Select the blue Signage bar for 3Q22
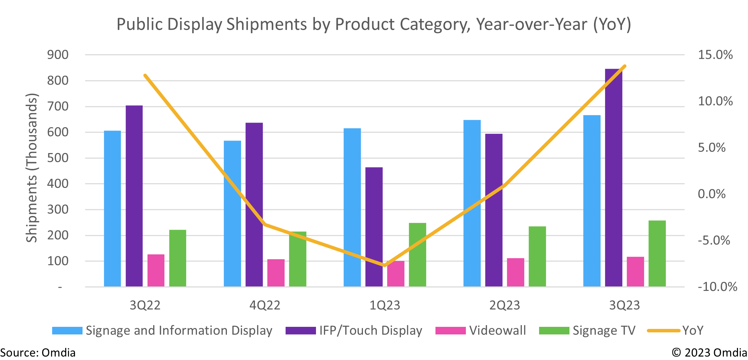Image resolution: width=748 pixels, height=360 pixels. coord(112,209)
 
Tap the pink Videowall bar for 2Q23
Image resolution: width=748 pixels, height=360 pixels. coord(515,272)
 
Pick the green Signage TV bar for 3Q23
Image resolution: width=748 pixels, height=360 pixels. coord(657,254)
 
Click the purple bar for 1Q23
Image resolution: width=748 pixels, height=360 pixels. coord(374,227)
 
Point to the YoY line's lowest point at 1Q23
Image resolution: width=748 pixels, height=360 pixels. coord(385,265)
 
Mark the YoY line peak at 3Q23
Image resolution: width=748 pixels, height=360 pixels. coord(625,66)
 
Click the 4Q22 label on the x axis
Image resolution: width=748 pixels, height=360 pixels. coord(265,305)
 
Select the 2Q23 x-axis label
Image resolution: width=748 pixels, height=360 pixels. coord(505,305)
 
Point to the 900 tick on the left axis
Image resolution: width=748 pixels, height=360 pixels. coord(58,55)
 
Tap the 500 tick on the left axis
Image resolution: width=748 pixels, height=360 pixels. coord(58,158)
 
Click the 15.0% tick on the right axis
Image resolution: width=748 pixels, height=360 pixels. coord(715,55)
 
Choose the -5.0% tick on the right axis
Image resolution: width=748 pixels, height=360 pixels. coord(714,240)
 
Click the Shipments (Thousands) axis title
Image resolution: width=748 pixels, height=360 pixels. coord(31,168)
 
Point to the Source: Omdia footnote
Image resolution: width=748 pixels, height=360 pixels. coord(38,353)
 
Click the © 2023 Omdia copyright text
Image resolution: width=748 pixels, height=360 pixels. coord(709,353)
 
